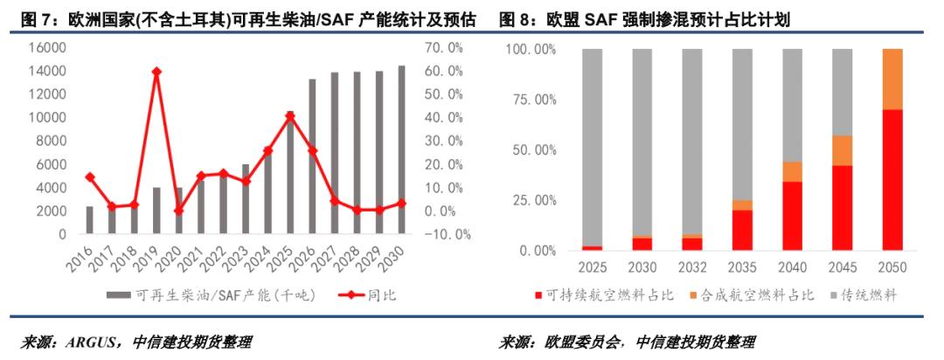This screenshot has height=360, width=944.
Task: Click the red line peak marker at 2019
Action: click(x=156, y=72)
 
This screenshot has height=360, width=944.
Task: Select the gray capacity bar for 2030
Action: click(x=402, y=150)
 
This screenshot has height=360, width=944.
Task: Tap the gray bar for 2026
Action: click(x=312, y=157)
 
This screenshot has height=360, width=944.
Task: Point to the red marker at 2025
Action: click(x=290, y=115)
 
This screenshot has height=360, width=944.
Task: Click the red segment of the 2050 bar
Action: click(x=892, y=180)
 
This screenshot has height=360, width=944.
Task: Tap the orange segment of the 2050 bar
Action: click(x=892, y=79)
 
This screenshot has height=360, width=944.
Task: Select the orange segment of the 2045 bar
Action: click(x=842, y=150)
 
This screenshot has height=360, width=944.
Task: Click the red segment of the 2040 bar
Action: click(x=792, y=216)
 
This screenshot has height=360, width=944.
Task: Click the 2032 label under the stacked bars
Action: click(x=692, y=267)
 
